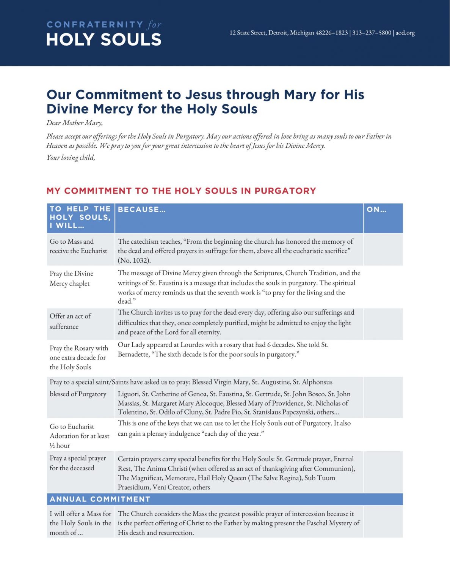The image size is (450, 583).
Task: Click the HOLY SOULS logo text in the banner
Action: [103, 40]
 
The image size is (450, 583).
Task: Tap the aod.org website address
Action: [405, 33]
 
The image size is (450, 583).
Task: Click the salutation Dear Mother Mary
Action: [74, 123]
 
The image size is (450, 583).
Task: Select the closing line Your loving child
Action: [71, 158]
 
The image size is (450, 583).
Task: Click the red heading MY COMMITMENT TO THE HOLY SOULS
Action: [181, 191]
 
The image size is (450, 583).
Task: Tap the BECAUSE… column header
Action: [142, 210]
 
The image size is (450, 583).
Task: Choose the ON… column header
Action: [376, 210]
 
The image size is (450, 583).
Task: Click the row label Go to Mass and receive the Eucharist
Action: [78, 246]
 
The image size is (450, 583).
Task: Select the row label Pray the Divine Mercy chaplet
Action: [71, 278]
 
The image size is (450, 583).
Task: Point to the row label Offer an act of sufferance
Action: [70, 321]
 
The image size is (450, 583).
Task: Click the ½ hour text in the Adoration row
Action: [60, 446]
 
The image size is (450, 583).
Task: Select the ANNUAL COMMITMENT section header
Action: [100, 499]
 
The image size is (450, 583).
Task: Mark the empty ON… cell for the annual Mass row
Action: [383, 522]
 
